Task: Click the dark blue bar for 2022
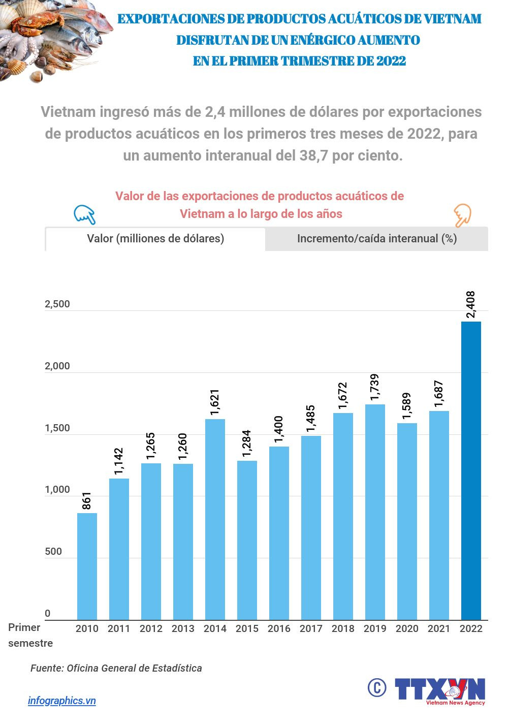pos(470,470)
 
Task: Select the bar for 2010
pos(87,566)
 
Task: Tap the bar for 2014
pos(215,519)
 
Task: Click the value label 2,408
pos(470,304)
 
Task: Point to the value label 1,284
pos(247,444)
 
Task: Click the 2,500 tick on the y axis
pos(57,304)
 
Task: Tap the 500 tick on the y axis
pos(53,552)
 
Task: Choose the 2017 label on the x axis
pos(311,629)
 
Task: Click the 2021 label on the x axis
pos(439,629)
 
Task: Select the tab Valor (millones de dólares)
pos(155,239)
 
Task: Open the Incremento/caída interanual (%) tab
pos(377,239)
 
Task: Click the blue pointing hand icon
pos(85,215)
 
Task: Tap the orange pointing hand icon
pos(462,215)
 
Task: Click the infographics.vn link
pos(62,701)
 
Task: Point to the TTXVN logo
pos(440,691)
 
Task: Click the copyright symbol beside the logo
pos(377,688)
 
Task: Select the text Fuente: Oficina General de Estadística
pos(116,669)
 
